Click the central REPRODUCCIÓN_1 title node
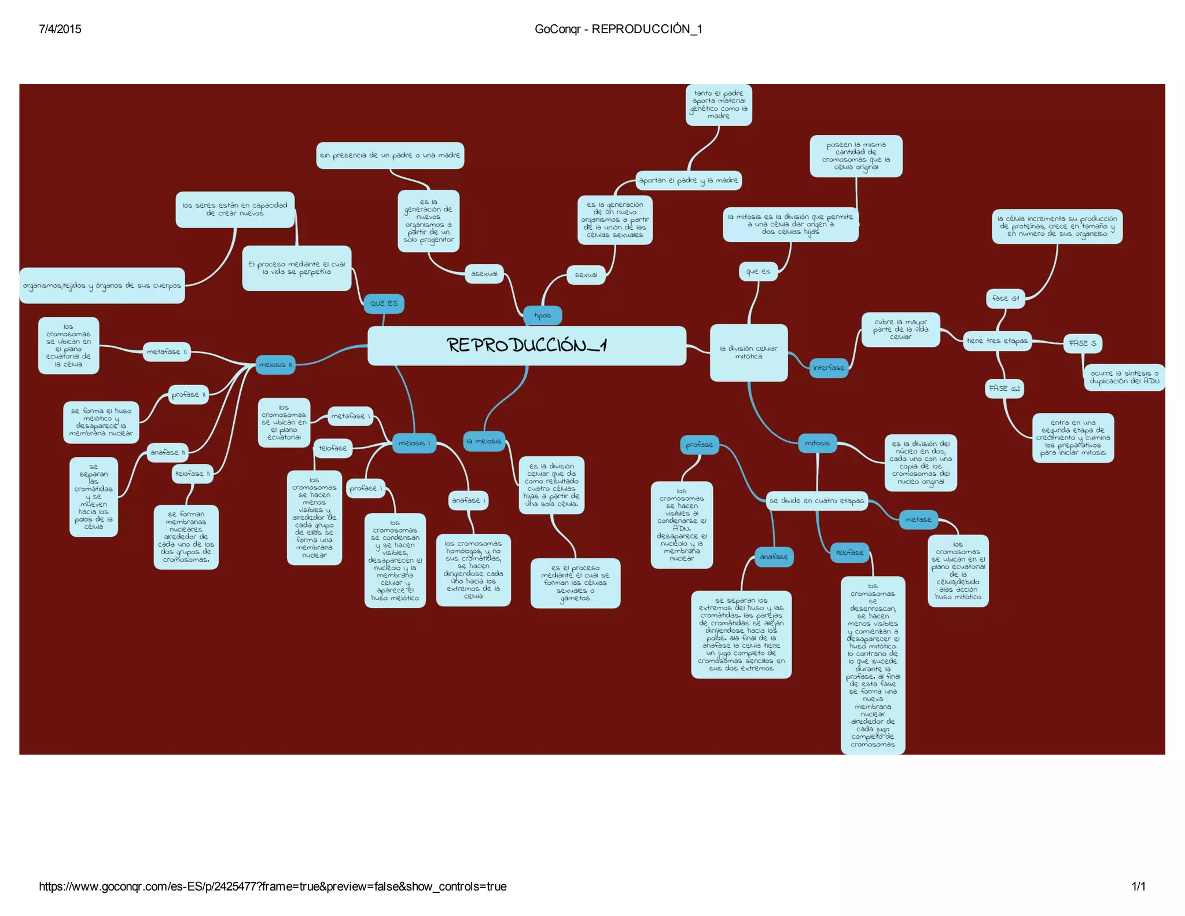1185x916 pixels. pyautogui.click(x=527, y=346)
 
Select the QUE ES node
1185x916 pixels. pyautogui.click(x=384, y=303)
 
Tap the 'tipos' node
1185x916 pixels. pyautogui.click(x=542, y=316)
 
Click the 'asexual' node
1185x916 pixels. pyautogui.click(x=484, y=274)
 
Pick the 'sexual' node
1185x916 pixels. pyautogui.click(x=586, y=274)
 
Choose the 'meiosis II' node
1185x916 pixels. pyautogui.click(x=275, y=365)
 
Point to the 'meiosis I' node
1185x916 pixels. pyautogui.click(x=414, y=443)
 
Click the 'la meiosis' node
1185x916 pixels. pyautogui.click(x=484, y=441)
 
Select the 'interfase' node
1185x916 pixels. pyautogui.click(x=828, y=368)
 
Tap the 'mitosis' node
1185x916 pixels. pyautogui.click(x=817, y=443)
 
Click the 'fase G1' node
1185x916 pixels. pyautogui.click(x=1005, y=298)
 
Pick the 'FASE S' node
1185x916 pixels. pyautogui.click(x=1082, y=343)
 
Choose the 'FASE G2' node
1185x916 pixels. pyautogui.click(x=1004, y=389)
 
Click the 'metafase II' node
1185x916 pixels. pyautogui.click(x=167, y=351)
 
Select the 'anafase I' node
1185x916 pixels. pyautogui.click(x=468, y=500)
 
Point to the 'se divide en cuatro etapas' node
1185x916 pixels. pyautogui.click(x=816, y=501)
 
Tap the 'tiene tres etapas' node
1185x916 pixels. pyautogui.click(x=997, y=341)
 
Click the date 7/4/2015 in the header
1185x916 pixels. pyautogui.click(x=60, y=29)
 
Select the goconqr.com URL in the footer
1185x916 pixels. pyautogui.click(x=273, y=886)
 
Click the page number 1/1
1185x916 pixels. pyautogui.click(x=1138, y=886)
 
